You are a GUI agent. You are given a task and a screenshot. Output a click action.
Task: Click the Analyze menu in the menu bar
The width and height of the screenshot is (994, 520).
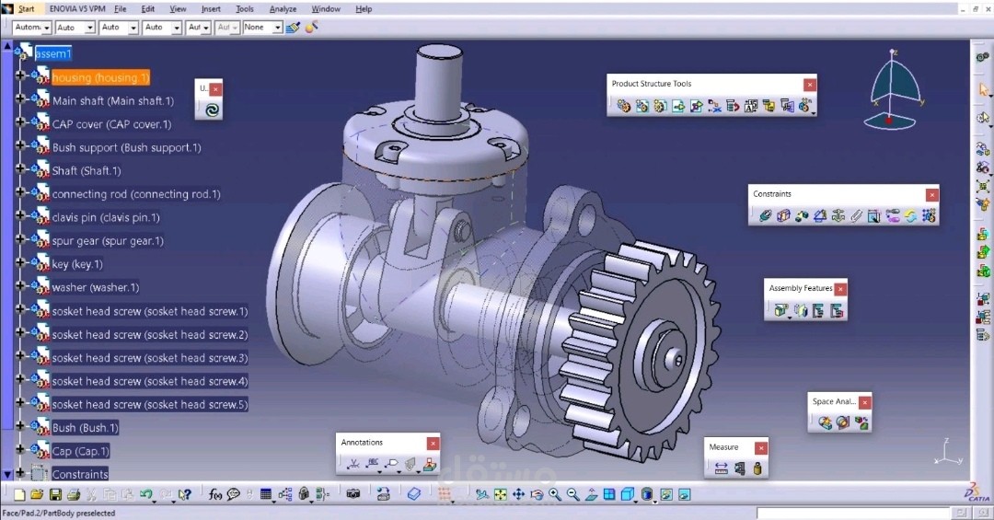(283, 9)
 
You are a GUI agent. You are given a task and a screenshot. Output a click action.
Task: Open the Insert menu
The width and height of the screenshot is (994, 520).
(211, 9)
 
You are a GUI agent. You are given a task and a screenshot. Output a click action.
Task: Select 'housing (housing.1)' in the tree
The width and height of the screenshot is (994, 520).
(100, 78)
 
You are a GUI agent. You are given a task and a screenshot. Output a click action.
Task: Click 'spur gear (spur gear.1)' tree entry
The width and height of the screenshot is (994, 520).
(108, 241)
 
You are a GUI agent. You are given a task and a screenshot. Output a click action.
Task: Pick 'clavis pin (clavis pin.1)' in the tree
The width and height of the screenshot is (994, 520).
(106, 218)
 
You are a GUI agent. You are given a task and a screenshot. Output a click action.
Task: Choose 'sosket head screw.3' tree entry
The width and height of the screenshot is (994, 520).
(150, 358)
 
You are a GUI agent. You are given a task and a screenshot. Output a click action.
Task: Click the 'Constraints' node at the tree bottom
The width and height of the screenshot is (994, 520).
(80, 475)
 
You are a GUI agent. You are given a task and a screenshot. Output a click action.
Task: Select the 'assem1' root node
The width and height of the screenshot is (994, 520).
(53, 53)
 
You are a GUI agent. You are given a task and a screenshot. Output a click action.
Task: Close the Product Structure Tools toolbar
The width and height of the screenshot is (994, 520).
(810, 85)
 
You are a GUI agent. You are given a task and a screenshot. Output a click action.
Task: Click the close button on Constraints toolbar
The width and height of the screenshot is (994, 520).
(932, 195)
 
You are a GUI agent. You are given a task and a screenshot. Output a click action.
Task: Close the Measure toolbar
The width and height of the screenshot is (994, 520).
(759, 448)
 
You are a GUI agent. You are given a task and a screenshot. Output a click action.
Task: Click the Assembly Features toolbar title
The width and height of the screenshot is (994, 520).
(800, 289)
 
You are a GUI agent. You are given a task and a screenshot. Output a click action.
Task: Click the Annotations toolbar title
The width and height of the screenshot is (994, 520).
(362, 443)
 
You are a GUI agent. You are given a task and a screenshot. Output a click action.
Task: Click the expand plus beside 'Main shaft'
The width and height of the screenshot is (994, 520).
(20, 100)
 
